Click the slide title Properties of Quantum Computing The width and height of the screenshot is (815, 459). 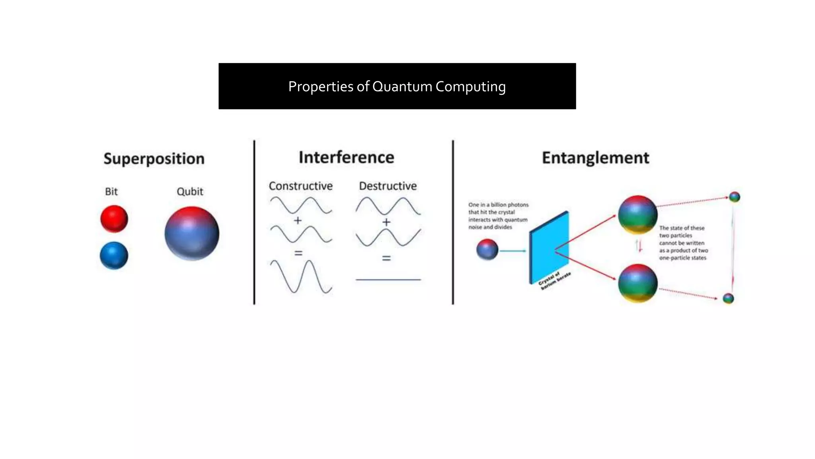point(397,86)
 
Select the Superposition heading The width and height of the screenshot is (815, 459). point(154,159)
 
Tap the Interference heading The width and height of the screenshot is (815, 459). point(346,157)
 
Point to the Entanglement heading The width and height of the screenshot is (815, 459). point(595,158)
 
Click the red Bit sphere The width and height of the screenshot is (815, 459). point(114,218)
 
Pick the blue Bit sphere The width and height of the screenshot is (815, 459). point(114,255)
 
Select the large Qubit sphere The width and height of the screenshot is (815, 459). point(192,233)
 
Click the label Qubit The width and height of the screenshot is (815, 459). point(190,192)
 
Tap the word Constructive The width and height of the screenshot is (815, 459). point(300,186)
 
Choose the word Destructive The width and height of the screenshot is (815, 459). point(388,186)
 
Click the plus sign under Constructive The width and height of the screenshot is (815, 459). point(298,220)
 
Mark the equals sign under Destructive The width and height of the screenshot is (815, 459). point(386,258)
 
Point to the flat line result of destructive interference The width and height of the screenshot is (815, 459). point(388,280)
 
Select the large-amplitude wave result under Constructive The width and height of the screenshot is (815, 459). point(301,277)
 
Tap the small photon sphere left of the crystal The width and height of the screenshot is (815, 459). point(487,249)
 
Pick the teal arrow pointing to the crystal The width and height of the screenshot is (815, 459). point(513,251)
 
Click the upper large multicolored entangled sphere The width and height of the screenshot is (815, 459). point(637,214)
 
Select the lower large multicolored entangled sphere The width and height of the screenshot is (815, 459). point(637,283)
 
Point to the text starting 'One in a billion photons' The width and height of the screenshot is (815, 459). point(498,216)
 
